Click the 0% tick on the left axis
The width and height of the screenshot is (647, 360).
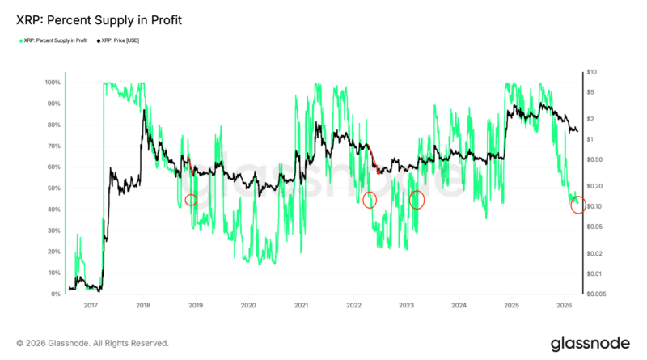click(x=57, y=294)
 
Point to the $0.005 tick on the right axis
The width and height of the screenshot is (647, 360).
click(x=596, y=294)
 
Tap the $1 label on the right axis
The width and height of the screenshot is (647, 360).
click(x=591, y=140)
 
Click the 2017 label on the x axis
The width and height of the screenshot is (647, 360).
click(x=91, y=306)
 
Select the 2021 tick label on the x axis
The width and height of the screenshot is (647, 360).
click(x=301, y=306)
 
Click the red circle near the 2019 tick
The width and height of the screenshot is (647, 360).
click(x=191, y=200)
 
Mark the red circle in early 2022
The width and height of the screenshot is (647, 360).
click(x=370, y=199)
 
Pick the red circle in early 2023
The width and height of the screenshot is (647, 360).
click(x=417, y=199)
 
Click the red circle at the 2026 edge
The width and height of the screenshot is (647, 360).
click(x=578, y=205)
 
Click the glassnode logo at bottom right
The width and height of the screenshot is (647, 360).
click(x=586, y=343)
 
